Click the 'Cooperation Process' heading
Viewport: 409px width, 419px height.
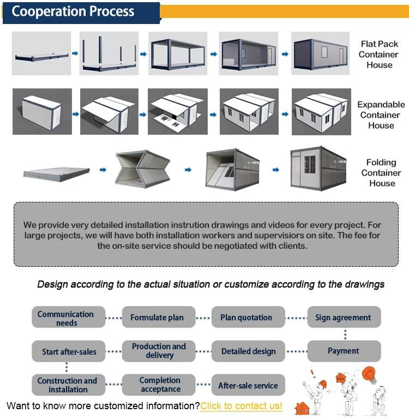[73, 12]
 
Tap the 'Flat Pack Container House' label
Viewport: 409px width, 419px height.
[378, 55]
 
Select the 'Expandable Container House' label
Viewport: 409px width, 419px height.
[381, 115]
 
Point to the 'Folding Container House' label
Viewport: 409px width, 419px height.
[381, 173]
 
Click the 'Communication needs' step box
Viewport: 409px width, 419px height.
[66, 318]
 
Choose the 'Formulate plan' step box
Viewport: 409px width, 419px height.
[157, 318]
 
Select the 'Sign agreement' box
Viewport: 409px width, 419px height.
[343, 318]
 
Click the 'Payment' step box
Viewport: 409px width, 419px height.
[343, 351]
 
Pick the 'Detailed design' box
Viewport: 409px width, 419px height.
[248, 351]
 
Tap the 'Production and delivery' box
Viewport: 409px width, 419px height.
[159, 351]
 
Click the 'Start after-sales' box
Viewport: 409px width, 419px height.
[69, 351]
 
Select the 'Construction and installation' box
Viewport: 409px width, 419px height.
[68, 385]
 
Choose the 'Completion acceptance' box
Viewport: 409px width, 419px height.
[160, 385]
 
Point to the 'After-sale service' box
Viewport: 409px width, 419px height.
[248, 385]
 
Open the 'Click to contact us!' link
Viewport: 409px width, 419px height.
[241, 406]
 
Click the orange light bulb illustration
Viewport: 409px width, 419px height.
[370, 375]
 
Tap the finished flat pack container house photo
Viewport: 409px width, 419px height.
[320, 53]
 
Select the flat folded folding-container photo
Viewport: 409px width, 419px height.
[57, 172]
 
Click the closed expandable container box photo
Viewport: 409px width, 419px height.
[42, 112]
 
